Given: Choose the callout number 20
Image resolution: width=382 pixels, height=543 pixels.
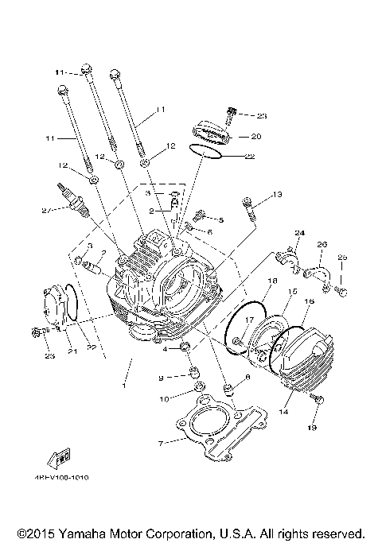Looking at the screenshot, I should click(245, 136).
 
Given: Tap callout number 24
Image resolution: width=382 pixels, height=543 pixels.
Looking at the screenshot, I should click(300, 232).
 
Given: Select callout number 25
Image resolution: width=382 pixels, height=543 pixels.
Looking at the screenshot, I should click(342, 257).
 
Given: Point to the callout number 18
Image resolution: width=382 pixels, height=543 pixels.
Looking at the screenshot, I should click(272, 281).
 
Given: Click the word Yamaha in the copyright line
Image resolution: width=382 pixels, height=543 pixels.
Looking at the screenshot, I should click(77, 533).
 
